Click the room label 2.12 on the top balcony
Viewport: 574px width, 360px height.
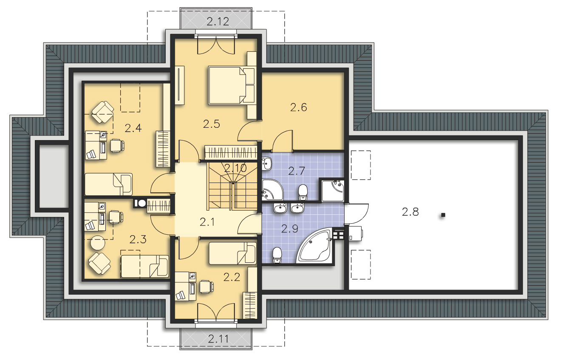point(218,22)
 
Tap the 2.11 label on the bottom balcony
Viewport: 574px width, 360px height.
point(218,339)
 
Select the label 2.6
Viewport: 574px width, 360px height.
point(299,107)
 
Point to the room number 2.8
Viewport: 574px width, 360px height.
point(410,212)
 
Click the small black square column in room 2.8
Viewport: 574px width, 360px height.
point(443,215)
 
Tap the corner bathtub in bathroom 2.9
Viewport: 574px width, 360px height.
point(315,245)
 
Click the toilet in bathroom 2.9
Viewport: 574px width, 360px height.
point(277,255)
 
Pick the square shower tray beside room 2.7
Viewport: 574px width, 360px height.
point(333,191)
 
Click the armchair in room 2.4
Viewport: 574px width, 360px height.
point(102,112)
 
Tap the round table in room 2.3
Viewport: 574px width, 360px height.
point(98,243)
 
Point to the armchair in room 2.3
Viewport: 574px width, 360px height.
point(100,264)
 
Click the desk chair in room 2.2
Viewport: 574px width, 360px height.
point(206,287)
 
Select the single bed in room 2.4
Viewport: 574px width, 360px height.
point(109,184)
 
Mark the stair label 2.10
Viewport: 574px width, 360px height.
point(235,168)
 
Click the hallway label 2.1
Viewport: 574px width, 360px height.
point(207,222)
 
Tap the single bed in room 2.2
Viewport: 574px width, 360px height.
point(233,253)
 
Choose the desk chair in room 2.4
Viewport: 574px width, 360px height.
point(117,146)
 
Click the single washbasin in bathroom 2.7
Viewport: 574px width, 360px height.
point(266,163)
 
